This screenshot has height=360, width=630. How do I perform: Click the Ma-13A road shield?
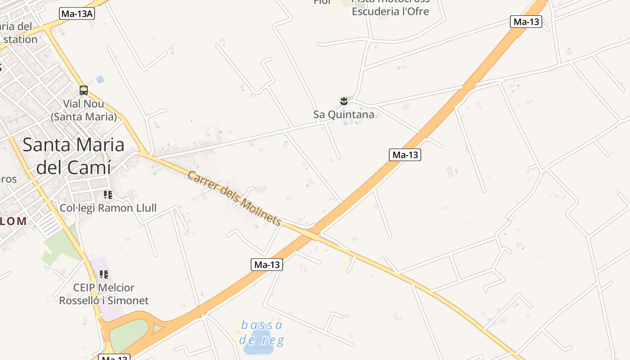77,14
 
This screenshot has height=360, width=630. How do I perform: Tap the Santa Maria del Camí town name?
73,156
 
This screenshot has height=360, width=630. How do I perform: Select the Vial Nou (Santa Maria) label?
83,110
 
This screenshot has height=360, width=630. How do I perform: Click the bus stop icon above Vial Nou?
84,90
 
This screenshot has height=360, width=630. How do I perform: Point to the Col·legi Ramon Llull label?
108,208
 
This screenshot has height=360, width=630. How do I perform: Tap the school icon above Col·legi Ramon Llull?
108,195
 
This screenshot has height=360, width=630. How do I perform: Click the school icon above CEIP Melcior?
104,274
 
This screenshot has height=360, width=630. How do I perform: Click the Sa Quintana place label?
344,115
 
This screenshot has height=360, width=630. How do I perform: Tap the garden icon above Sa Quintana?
344,101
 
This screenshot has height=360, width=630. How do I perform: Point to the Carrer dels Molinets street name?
234,198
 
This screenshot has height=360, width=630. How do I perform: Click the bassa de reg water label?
262,332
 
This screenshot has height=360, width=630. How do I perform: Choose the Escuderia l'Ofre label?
390,12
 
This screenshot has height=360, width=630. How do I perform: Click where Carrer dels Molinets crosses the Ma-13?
310,234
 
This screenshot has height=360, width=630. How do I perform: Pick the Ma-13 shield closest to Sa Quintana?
405,155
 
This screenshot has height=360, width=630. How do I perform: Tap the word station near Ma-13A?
21,40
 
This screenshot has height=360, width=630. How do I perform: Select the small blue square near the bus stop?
100,79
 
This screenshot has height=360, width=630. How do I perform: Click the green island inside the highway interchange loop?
128,335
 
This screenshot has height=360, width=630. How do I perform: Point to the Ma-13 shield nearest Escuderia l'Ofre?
526,22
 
